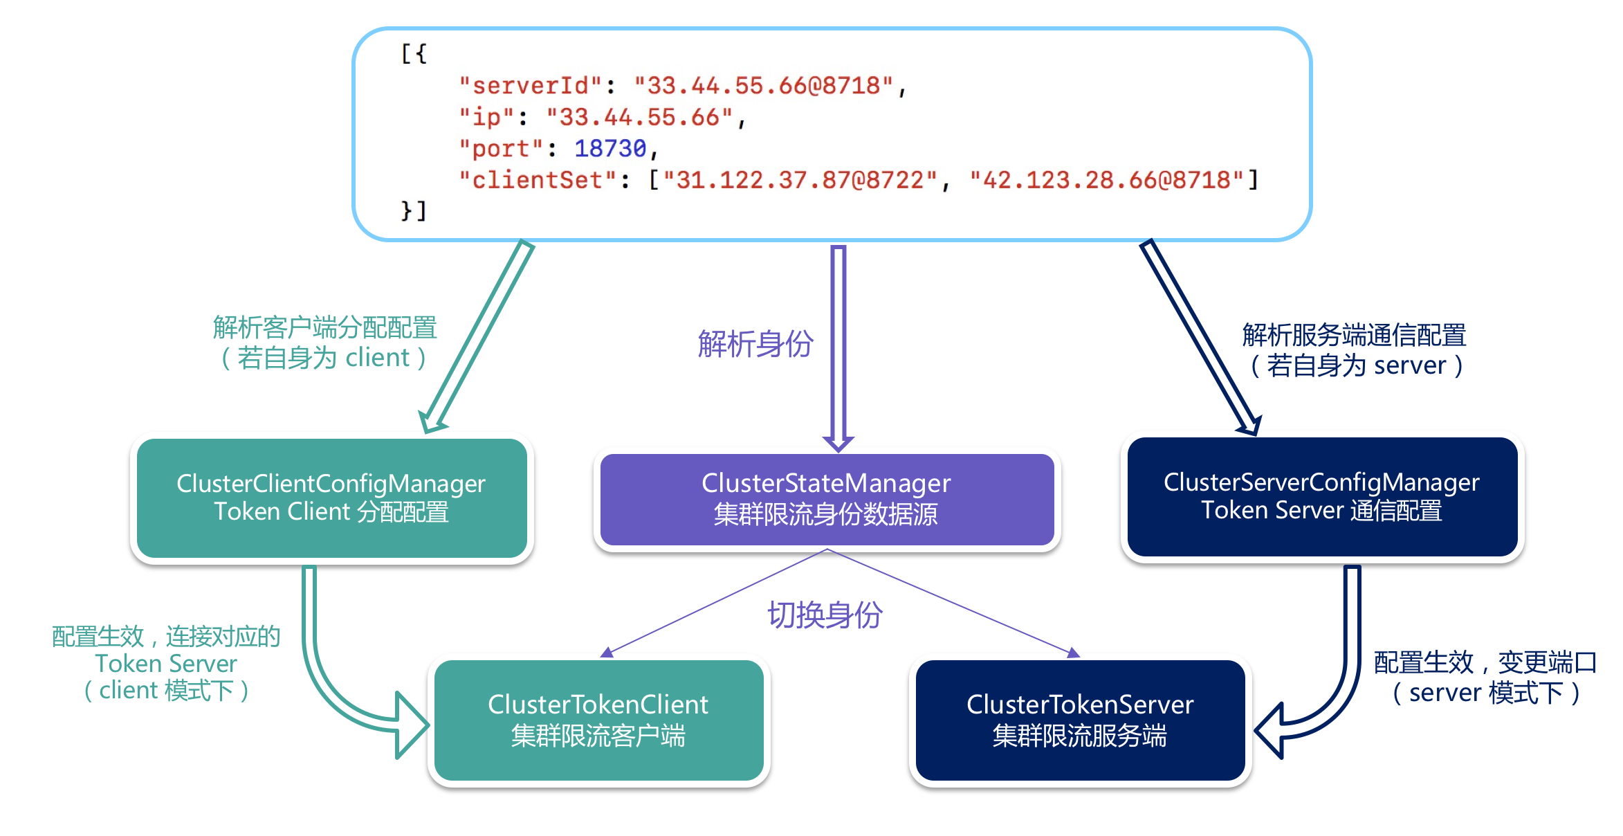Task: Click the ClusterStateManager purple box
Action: tap(827, 499)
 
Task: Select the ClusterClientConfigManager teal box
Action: tap(331, 498)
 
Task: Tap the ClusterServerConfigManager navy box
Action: tap(1321, 496)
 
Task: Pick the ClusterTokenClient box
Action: tap(598, 720)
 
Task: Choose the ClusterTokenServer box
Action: tap(1079, 720)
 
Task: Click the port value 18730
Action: tap(609, 148)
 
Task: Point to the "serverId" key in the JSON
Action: tap(530, 86)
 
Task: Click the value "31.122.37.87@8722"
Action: tap(800, 180)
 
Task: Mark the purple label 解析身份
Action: tap(755, 343)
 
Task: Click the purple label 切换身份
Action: tap(825, 615)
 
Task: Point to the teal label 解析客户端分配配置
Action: tap(324, 327)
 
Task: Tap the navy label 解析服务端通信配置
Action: tap(1354, 335)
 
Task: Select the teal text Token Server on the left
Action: tap(166, 664)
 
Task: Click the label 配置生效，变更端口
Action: tap(1485, 662)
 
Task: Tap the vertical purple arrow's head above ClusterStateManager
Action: tap(838, 443)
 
